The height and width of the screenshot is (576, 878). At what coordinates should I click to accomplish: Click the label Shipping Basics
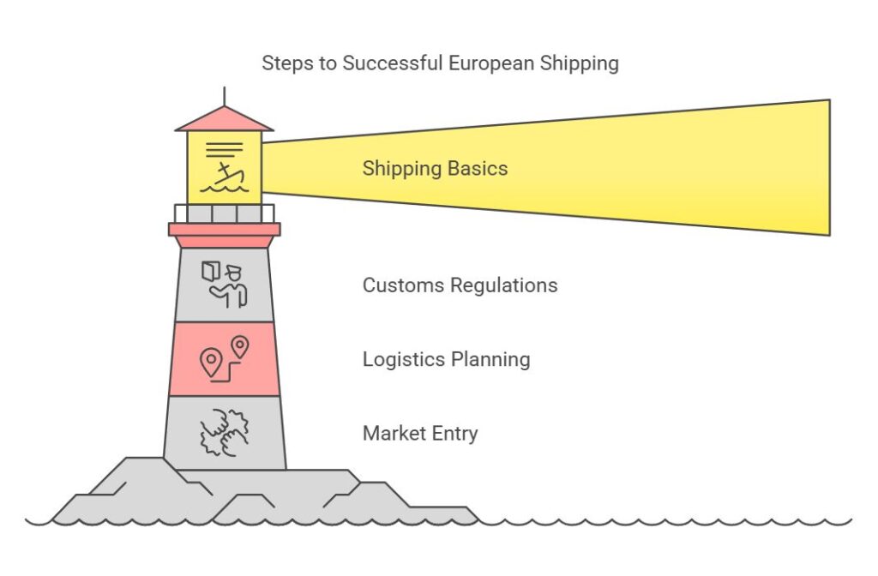435,168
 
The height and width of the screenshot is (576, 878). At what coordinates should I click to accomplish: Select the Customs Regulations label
460,285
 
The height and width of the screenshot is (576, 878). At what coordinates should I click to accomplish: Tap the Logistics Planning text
446,359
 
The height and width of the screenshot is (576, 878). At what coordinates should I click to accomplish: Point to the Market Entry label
420,434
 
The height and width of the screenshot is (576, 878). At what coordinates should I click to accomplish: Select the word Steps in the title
287,63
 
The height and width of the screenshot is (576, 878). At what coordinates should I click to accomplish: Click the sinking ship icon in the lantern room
223,167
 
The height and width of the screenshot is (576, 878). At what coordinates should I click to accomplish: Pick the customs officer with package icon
224,284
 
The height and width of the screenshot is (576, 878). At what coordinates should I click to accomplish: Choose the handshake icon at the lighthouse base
224,432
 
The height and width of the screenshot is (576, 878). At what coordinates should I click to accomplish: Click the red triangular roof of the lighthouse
224,120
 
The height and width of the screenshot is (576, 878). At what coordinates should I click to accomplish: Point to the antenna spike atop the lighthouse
224,95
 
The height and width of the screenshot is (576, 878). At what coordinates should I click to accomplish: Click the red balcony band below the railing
224,229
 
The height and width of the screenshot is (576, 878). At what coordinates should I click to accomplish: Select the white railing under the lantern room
224,213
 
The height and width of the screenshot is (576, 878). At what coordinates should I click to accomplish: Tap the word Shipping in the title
581,63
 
